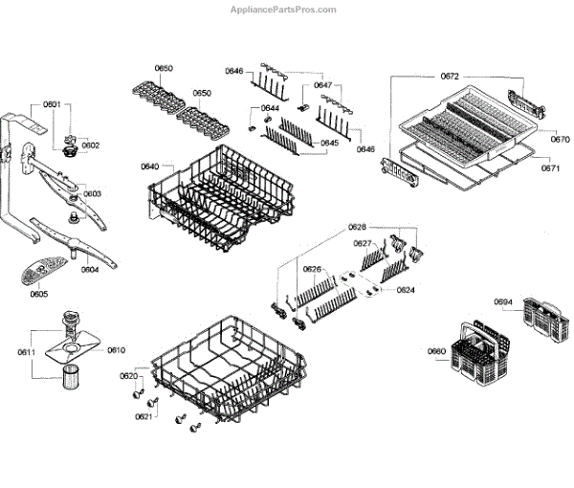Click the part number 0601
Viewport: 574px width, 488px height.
coord(52,103)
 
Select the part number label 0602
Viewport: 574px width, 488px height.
coord(91,145)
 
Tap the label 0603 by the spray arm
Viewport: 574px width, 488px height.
coord(92,193)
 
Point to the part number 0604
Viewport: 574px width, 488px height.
coord(90,269)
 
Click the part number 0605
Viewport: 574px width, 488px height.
coord(38,295)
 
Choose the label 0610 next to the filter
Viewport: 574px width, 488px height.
coord(116,350)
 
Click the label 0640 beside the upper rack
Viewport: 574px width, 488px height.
coord(149,166)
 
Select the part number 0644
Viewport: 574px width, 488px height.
coord(271,108)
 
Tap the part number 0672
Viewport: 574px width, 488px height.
coord(451,76)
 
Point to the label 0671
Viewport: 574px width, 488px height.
coord(550,167)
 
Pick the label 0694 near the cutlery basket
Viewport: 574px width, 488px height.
coord(503,302)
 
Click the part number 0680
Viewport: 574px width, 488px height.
coord(436,351)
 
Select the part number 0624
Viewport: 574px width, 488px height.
coord(406,289)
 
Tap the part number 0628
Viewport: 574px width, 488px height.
coord(357,227)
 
